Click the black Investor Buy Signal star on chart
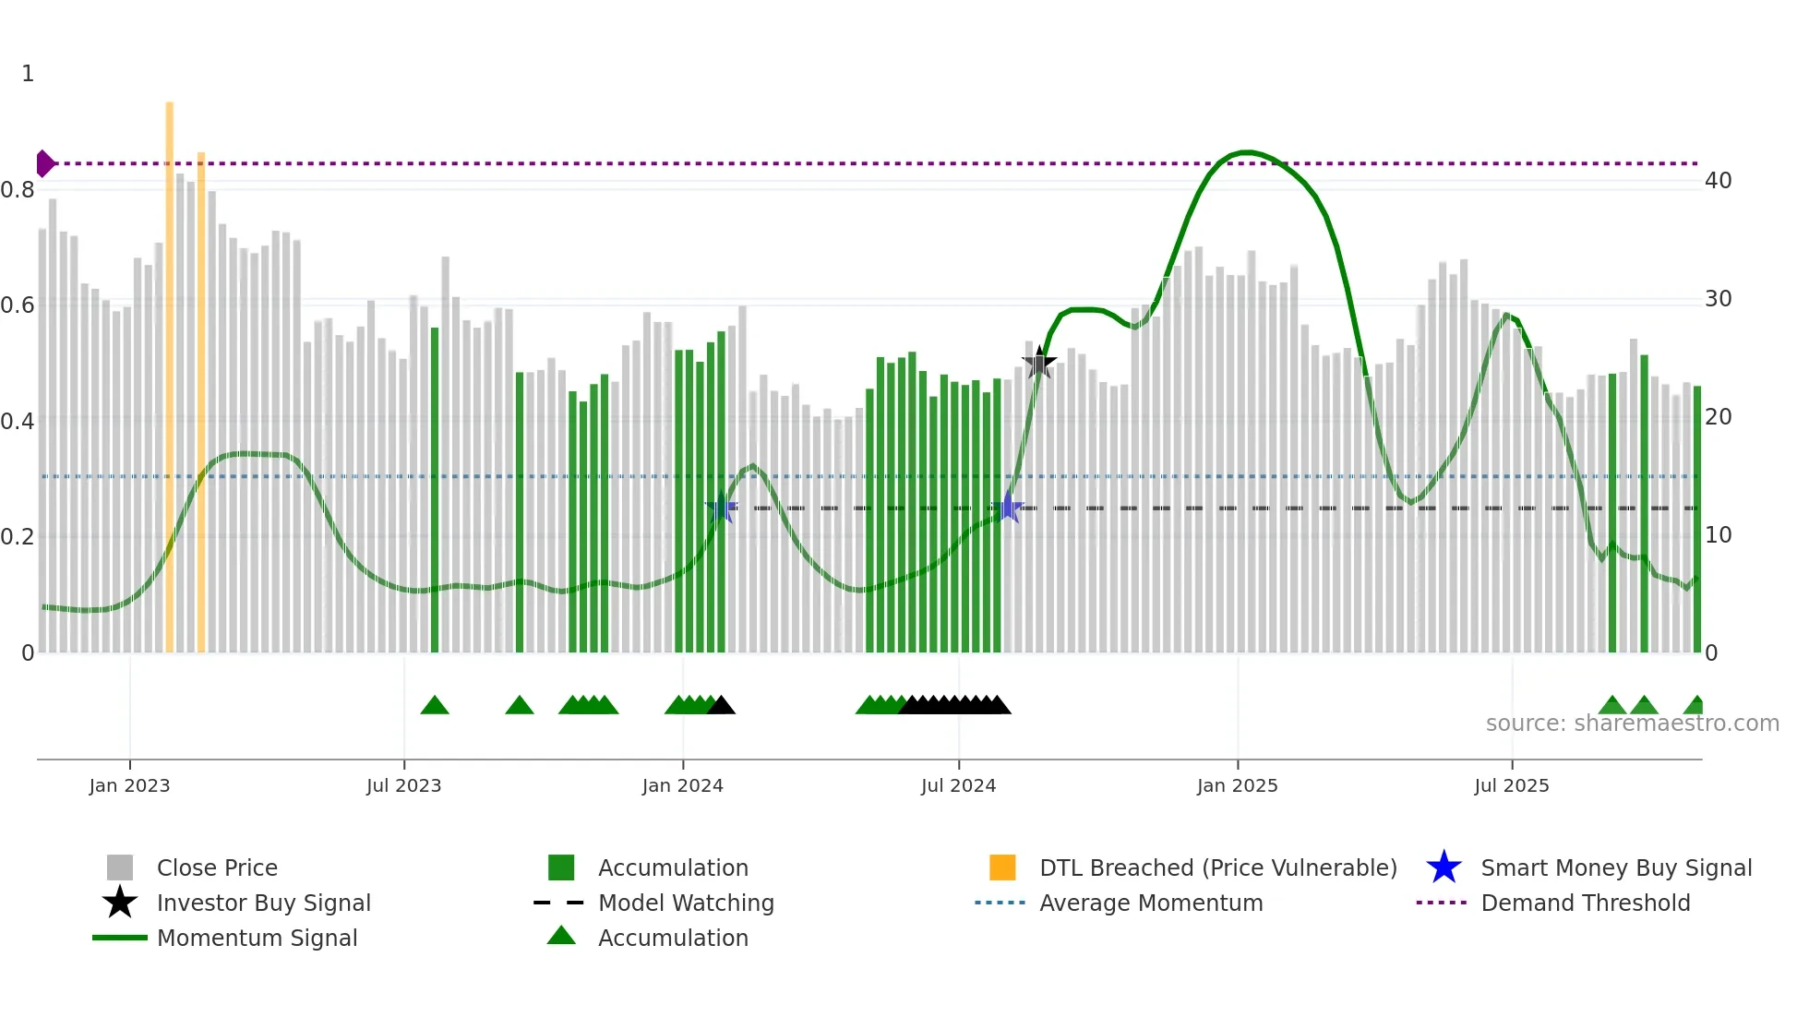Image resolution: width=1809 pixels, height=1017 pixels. pos(1039,363)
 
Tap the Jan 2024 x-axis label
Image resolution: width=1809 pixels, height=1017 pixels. pos(682,785)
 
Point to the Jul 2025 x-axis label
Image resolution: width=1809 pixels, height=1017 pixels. pos(1511,785)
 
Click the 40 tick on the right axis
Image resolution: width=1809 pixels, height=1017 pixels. pos(1718,181)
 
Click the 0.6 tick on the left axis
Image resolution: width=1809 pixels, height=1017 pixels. pos(18,305)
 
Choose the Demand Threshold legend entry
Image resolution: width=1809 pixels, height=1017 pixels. pos(1585,903)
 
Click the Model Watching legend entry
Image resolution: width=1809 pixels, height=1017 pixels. pos(685,903)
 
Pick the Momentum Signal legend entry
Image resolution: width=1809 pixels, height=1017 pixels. pos(257,938)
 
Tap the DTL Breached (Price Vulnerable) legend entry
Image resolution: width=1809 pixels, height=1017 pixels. pos(1217,867)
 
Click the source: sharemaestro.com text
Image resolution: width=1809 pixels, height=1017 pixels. pos(1632,724)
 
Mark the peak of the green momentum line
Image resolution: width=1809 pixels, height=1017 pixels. pos(1246,152)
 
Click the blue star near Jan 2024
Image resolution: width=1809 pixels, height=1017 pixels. pos(722,508)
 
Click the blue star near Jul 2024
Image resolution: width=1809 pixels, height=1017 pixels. pos(1008,508)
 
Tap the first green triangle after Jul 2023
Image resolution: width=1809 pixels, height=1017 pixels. pos(435,706)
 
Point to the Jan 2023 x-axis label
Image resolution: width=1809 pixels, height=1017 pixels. pos(129,785)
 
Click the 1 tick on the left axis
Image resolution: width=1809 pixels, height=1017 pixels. pos(28,74)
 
